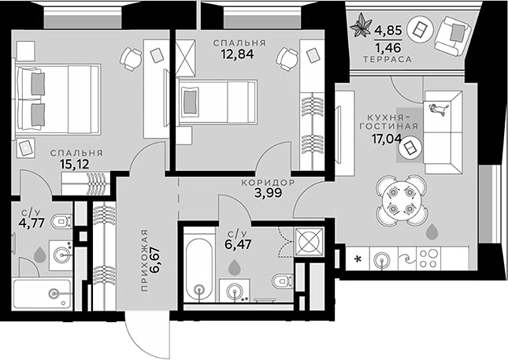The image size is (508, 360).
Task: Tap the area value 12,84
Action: [239, 55]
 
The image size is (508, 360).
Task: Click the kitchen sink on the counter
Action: [384, 258]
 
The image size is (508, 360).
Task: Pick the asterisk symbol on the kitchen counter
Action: [359, 259]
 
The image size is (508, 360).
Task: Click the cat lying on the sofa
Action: [437, 109]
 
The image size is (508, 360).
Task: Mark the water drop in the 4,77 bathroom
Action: [39, 254]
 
